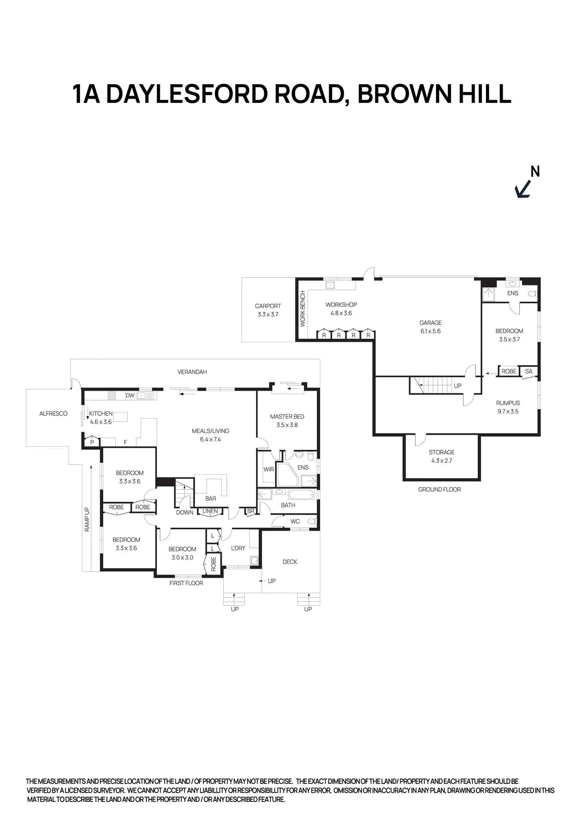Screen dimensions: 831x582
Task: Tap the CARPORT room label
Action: (268, 306)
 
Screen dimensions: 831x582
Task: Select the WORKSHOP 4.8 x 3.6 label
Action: (341, 309)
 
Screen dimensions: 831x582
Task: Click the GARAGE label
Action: (430, 323)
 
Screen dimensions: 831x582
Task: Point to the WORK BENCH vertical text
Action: (303, 309)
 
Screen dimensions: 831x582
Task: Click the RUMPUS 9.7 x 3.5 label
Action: (507, 407)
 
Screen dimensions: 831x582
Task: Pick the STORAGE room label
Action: (441, 452)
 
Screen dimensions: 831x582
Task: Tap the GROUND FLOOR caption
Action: (439, 489)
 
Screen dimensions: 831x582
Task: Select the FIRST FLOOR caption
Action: (186, 583)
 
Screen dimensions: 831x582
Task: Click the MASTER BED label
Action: (287, 417)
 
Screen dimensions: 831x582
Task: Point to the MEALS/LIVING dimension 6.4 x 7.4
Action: (210, 439)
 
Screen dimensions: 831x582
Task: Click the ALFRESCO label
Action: (53, 413)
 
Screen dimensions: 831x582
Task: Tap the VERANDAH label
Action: (192, 372)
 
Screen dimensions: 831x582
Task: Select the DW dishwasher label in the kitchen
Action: (130, 395)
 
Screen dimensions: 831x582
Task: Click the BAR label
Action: (210, 499)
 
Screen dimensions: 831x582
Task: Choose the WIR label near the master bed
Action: (268, 470)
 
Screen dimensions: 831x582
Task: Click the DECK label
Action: (290, 562)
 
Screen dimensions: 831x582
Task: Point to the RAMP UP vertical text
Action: (87, 519)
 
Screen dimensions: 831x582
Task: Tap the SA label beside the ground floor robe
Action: (529, 371)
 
